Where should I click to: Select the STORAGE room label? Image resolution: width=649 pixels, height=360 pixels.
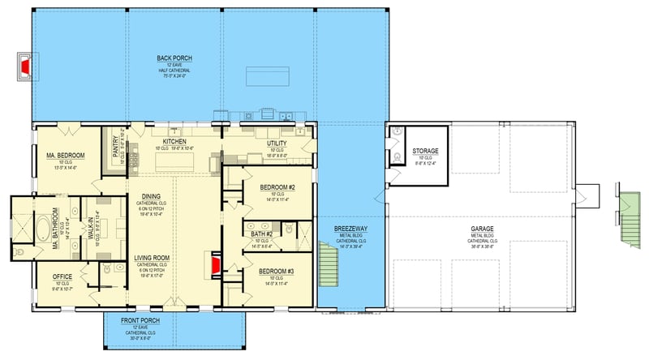[425, 151]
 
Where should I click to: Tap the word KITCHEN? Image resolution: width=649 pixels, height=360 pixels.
[174, 140]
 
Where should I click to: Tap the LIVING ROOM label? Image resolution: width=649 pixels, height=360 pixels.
[153, 259]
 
